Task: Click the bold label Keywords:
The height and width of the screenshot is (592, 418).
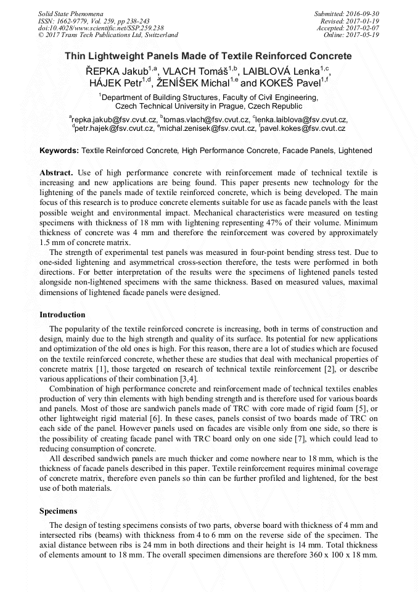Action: tap(59, 150)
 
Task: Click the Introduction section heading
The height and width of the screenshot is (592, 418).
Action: tap(62, 315)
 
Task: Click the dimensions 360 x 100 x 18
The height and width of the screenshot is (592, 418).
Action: tap(327, 555)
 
